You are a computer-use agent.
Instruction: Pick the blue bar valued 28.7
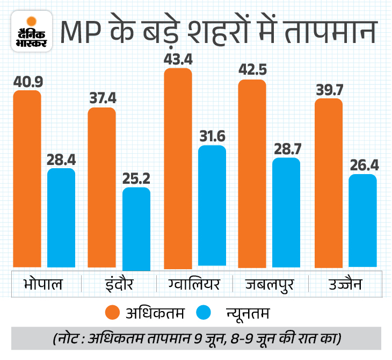click(x=286, y=212)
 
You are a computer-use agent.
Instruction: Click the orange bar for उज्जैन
click(x=329, y=183)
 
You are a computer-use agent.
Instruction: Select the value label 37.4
click(x=102, y=98)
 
